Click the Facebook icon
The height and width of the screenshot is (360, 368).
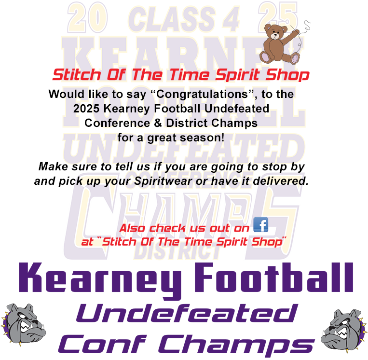tap(260, 225)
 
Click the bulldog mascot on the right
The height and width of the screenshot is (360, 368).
tap(343, 329)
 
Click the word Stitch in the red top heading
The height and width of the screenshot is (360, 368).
tap(73, 75)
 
